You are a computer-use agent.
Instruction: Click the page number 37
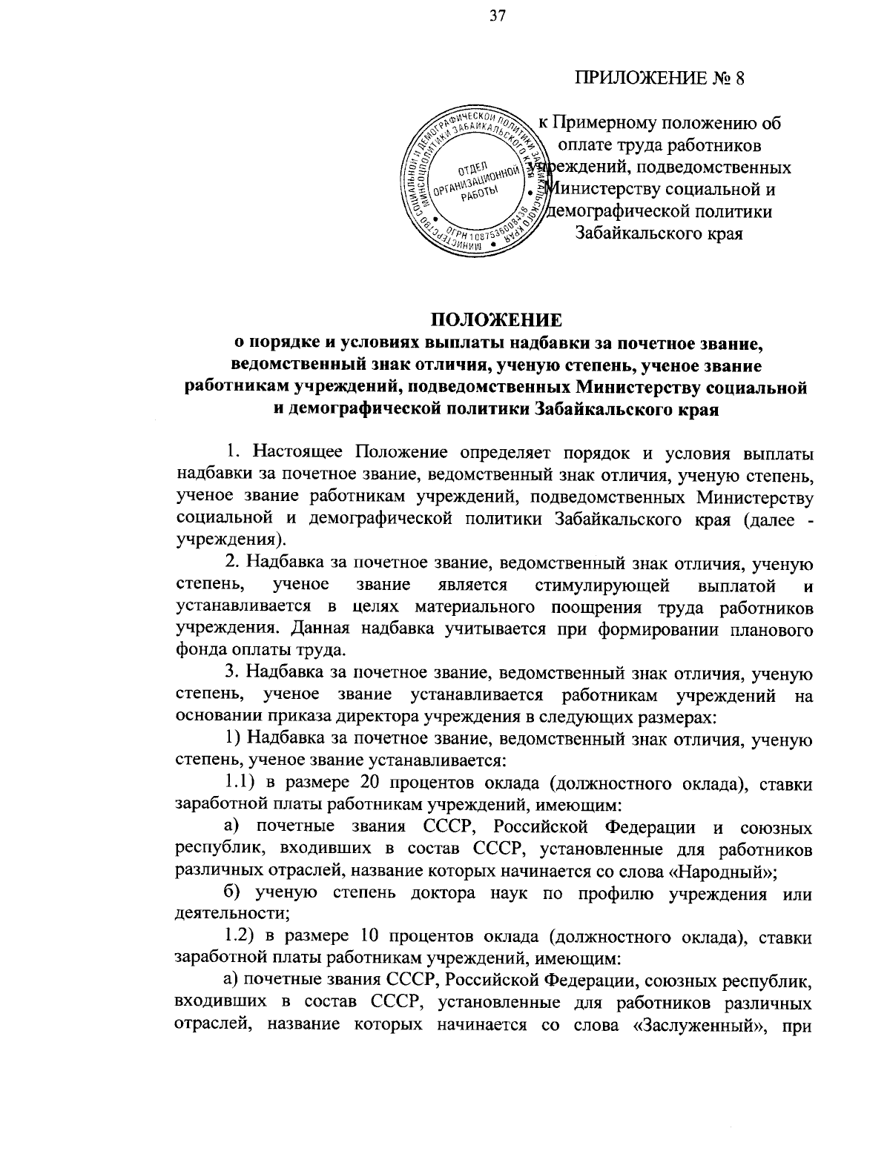coord(496,17)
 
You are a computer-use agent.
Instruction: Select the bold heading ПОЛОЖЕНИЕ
coord(496,320)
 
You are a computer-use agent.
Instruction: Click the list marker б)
coord(235,892)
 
